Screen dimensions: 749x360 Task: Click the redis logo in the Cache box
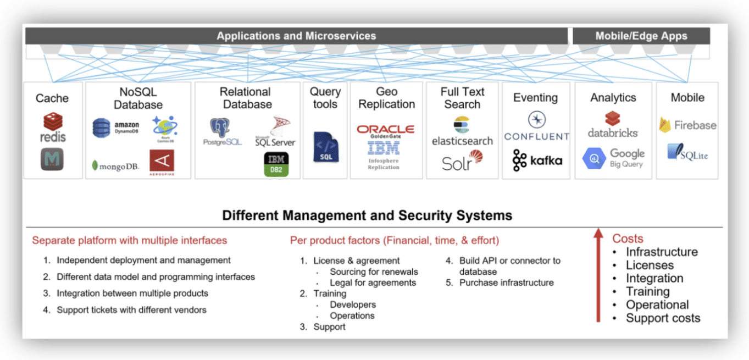click(53, 128)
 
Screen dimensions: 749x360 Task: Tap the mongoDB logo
click(115, 166)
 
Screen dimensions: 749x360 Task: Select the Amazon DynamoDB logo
click(115, 128)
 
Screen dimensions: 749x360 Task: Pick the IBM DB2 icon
click(276, 164)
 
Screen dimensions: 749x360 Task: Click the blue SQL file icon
click(325, 147)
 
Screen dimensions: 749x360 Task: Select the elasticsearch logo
click(462, 131)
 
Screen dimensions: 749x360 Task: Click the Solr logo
click(462, 161)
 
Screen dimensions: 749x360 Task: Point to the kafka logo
click(537, 160)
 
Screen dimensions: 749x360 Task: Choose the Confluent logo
click(536, 127)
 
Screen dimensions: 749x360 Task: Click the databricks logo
click(613, 125)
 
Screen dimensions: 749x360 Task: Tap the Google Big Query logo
click(613, 158)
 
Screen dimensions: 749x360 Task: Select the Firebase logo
click(687, 125)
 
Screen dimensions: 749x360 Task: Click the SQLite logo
click(687, 152)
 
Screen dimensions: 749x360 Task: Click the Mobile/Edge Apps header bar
click(641, 36)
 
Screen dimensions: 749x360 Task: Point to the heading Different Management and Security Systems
click(367, 215)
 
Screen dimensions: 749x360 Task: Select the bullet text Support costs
click(663, 318)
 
